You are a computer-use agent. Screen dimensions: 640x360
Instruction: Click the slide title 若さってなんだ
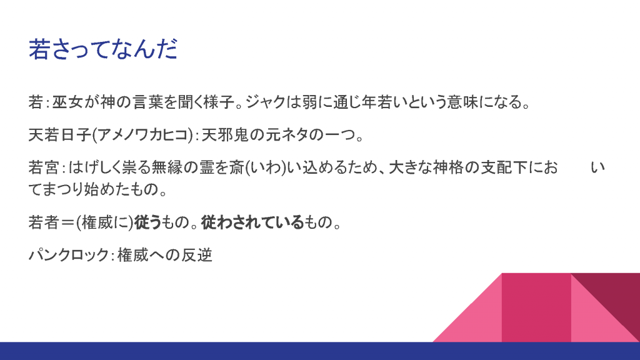(x=103, y=49)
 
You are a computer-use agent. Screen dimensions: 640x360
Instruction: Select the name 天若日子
(x=60, y=135)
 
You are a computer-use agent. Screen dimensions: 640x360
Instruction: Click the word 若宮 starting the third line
(x=44, y=167)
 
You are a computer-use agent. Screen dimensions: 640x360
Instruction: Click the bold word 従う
(x=148, y=222)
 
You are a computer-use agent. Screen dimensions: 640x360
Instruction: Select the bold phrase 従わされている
(x=252, y=222)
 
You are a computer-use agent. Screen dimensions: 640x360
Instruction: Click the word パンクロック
(x=68, y=256)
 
